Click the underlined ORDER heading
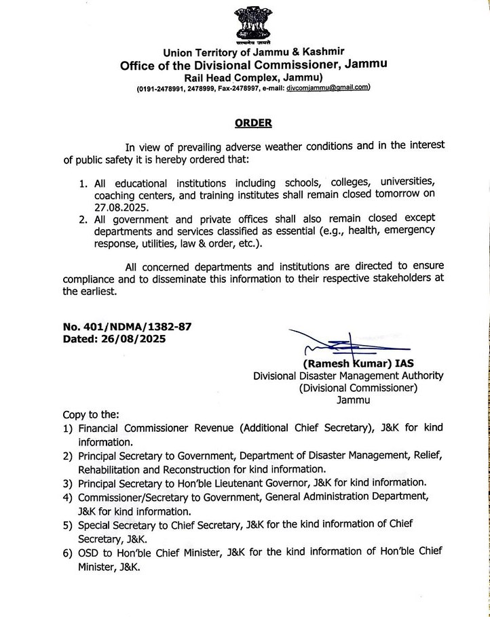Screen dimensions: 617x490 253,123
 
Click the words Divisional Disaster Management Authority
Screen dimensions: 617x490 348,376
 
